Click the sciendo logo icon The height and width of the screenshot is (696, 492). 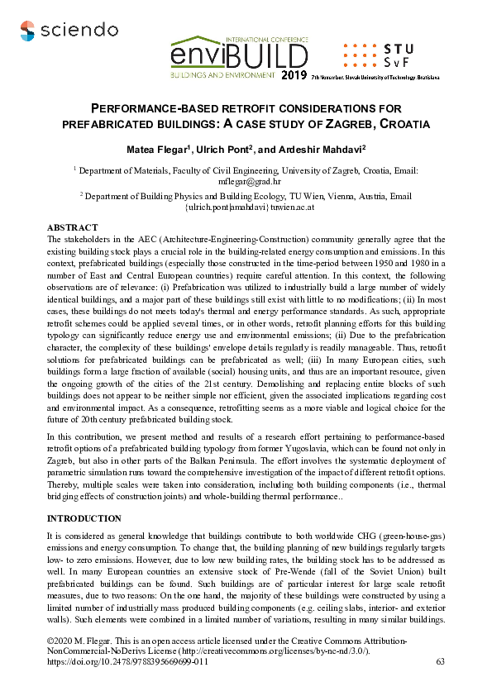[x=27, y=31]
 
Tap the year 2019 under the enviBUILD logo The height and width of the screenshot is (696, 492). [x=294, y=75]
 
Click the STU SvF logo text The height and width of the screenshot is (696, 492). [x=403, y=55]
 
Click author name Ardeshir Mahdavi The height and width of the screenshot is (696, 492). [x=320, y=149]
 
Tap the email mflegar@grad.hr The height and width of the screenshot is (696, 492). [x=246, y=180]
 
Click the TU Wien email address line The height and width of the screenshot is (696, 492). [x=246, y=207]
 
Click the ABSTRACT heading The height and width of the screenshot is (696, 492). [x=72, y=227]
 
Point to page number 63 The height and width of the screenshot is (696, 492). [x=440, y=662]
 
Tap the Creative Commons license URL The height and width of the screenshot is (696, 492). [x=272, y=651]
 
